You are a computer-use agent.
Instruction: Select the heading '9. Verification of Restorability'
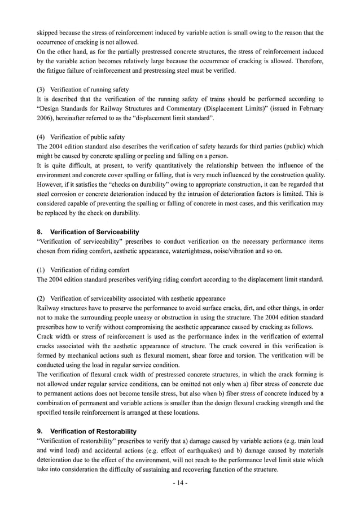pos(86,431)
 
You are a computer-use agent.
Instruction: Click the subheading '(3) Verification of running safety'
pos(82,89)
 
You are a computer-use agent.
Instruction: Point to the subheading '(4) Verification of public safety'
pos(81,137)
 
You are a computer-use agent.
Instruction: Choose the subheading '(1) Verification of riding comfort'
pos(83,270)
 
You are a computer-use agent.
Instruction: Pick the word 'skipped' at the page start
pos(47,32)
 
